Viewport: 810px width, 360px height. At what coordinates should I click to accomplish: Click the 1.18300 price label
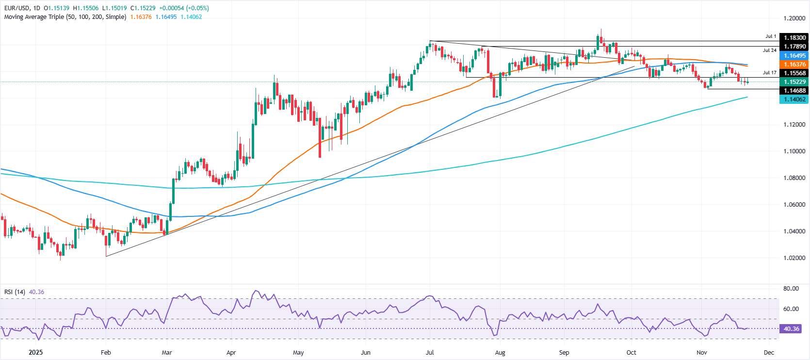tap(794, 37)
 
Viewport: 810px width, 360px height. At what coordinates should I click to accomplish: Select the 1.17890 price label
tap(794, 47)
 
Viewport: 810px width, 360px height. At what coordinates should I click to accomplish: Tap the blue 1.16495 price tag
tap(794, 56)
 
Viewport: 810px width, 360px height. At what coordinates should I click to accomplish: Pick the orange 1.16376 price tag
tap(794, 65)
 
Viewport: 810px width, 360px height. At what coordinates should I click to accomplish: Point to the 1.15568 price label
tap(794, 73)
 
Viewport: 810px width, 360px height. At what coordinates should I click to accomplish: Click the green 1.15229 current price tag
tap(794, 82)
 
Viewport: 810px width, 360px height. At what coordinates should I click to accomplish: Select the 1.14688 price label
tap(794, 91)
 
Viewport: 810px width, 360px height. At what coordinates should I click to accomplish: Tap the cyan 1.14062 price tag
tap(794, 99)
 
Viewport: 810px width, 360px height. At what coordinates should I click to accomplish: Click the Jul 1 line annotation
tap(771, 36)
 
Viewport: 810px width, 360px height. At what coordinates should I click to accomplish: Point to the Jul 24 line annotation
tap(769, 50)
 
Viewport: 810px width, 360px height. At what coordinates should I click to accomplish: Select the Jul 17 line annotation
tap(769, 73)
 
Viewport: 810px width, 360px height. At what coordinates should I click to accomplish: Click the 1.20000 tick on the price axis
tap(794, 18)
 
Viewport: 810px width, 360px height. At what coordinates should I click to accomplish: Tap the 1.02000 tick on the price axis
tap(794, 258)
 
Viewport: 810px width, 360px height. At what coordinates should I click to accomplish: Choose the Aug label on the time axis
tap(500, 353)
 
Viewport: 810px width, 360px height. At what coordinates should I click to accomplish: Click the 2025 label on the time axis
tap(35, 353)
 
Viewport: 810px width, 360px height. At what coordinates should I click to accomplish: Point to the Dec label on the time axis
tap(769, 353)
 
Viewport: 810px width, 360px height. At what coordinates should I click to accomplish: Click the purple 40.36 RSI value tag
tap(791, 329)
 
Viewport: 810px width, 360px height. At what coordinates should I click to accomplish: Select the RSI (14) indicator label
tap(15, 292)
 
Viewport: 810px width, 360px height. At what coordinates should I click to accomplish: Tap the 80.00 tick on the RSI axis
tap(791, 289)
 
